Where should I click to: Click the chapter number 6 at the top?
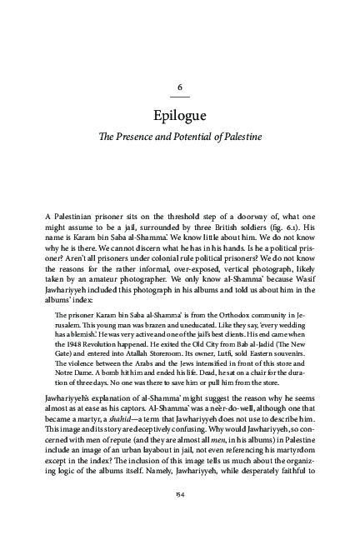click(180, 87)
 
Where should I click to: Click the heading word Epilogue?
click(180, 114)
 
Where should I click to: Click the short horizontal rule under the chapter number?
click(180, 99)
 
